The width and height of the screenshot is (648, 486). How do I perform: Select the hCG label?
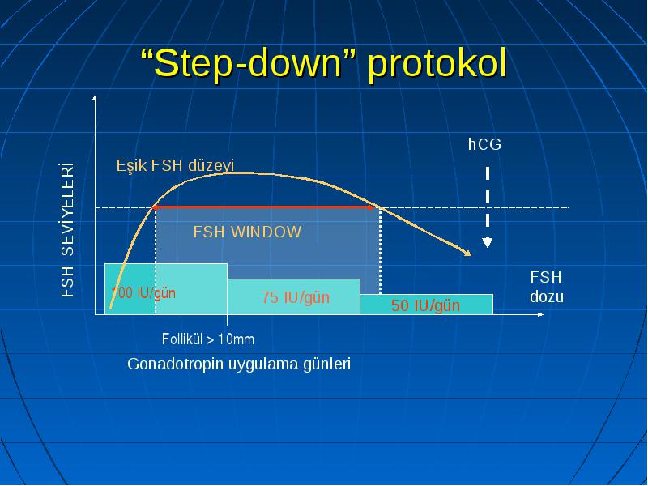pos(484,144)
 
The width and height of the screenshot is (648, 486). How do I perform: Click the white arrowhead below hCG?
pos(488,242)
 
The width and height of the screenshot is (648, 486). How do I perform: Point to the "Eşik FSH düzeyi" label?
pos(175,166)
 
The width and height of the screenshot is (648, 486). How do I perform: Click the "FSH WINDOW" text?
pos(247,232)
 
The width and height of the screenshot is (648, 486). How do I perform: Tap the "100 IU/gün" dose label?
pos(143,293)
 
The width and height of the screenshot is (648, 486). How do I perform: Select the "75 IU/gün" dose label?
pos(295,297)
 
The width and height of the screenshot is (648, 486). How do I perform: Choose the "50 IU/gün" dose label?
pos(425,305)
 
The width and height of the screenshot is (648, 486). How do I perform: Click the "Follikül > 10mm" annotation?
pos(208,339)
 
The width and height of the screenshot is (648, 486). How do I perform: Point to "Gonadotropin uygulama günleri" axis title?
pos(239,364)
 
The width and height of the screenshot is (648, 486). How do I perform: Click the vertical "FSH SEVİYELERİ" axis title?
pos(67,229)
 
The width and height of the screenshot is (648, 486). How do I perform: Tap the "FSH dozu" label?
pos(546,287)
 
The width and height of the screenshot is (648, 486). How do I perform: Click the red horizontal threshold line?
pos(265,207)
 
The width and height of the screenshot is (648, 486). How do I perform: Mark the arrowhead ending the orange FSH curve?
pos(467,252)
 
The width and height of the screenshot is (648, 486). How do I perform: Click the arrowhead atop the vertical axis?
pos(95,98)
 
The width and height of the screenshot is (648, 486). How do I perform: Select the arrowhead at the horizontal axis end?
pos(540,314)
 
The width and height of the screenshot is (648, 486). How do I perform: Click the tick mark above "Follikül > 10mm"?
pos(227,319)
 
